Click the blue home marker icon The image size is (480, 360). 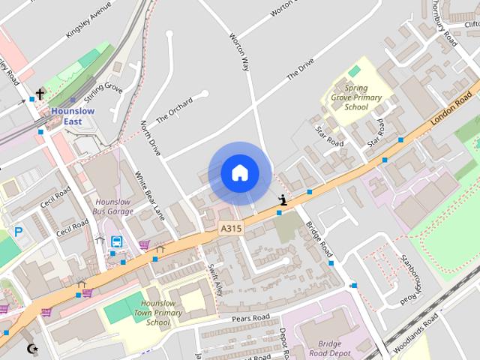pyautogui.click(x=239, y=173)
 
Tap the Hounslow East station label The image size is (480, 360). pyautogui.click(x=73, y=116)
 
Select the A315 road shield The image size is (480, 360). pyautogui.click(x=231, y=228)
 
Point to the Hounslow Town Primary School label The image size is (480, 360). pyautogui.click(x=162, y=313)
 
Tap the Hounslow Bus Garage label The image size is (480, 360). pyautogui.click(x=115, y=207)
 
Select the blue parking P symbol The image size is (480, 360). pyautogui.click(x=18, y=233)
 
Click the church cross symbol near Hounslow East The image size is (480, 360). pyautogui.click(x=40, y=94)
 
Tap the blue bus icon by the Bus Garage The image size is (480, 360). pyautogui.click(x=117, y=241)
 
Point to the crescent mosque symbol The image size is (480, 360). pyautogui.click(x=31, y=349)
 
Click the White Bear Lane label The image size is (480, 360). pyautogui.click(x=149, y=196)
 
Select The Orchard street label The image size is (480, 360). pyautogui.click(x=174, y=110)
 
